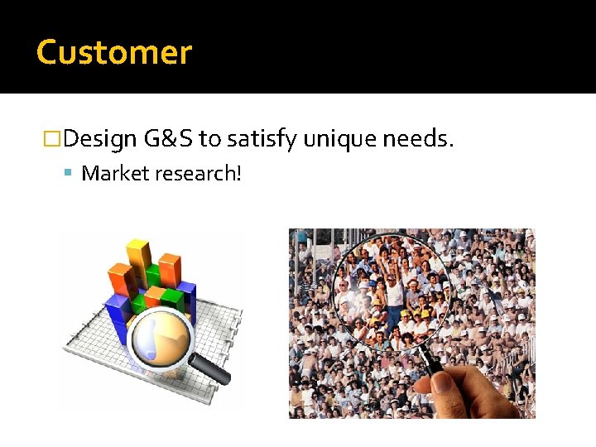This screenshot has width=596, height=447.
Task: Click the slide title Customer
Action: pos(114,52)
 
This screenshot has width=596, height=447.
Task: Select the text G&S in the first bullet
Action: pos(168,139)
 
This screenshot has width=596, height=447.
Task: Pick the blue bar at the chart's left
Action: pos(117,319)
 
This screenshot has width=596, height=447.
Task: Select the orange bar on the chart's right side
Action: pos(169,272)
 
